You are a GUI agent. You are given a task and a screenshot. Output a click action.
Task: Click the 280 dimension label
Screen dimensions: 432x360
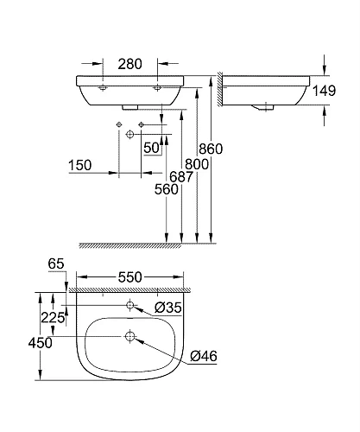pyautogui.click(x=129, y=63)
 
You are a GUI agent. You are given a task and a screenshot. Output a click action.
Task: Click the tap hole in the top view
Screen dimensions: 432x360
pyautogui.click(x=129, y=305)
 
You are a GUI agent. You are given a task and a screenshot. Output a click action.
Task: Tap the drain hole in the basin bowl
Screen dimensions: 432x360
pyautogui.click(x=129, y=336)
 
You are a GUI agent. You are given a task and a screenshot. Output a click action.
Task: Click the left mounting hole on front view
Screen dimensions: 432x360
pyautogui.click(x=102, y=87)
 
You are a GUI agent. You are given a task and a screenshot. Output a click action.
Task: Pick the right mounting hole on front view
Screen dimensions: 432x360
pyautogui.click(x=158, y=87)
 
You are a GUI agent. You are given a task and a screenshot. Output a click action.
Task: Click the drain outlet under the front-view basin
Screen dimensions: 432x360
pyautogui.click(x=129, y=107)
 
